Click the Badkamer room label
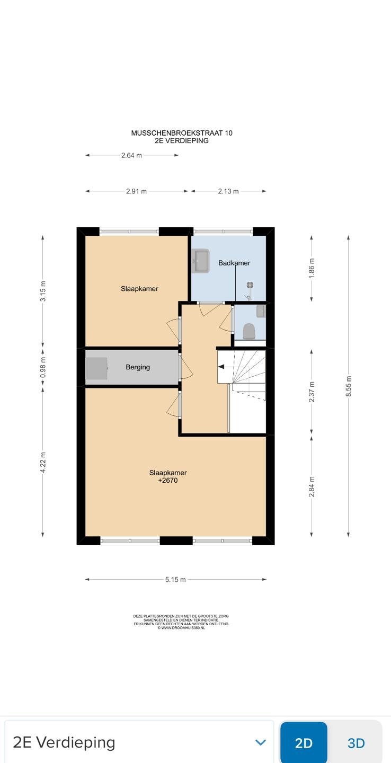click(234, 263)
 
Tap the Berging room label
click(138, 367)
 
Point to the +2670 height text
click(168, 481)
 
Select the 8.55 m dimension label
click(348, 386)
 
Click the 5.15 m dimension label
click(175, 580)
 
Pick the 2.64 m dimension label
click(131, 155)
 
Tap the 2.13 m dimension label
click(228, 191)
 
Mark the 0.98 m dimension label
click(42, 368)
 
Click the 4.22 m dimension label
click(42, 462)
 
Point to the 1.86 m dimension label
click(312, 268)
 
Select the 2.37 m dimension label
click(312, 392)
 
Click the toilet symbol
click(249, 331)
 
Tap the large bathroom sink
click(200, 261)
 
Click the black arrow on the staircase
click(221, 367)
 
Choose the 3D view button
click(356, 743)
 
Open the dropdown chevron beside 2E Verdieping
click(261, 742)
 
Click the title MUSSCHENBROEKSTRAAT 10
click(182, 133)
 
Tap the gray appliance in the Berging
click(96, 368)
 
